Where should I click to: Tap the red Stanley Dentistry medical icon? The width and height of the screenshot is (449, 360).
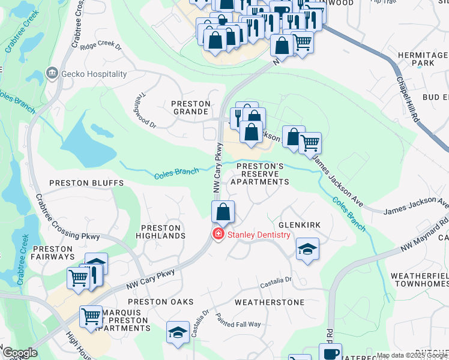pos(218,235)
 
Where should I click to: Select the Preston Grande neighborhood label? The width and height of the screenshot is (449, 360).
pos(191,107)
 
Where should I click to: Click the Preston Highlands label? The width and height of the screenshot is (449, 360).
pos(160,232)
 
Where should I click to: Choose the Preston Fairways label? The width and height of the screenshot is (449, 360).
pos(53,253)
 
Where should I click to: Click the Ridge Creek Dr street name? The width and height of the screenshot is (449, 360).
pos(100,46)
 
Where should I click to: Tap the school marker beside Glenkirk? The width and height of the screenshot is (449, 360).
pos(307,249)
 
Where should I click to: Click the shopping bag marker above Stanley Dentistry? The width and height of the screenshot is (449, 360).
pos(223,212)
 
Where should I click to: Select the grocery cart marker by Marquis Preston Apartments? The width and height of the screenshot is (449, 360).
pos(91,316)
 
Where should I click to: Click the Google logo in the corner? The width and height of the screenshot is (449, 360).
pos(20,353)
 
